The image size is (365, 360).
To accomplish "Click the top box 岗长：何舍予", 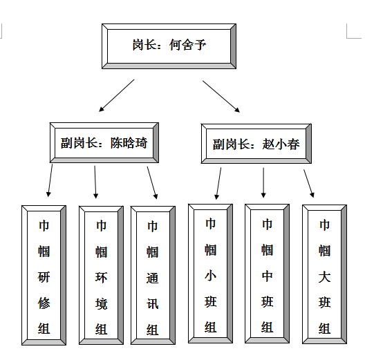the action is pos(169,46).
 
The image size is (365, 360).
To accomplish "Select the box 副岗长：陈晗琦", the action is pos(104,142).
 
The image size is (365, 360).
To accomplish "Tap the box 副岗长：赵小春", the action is pos(256,144).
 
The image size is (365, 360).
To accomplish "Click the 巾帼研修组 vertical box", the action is pos(44,275).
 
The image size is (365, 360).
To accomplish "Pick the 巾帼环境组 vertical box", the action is pos(101,275).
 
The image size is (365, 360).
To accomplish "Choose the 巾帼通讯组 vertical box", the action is pos(153,275).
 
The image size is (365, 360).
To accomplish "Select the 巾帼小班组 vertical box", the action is pos(210,274).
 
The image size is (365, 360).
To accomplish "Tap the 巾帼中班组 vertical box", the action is pos(268,274).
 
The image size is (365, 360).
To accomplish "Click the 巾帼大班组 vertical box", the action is pos(324,274).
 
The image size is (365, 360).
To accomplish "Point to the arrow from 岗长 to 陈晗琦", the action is pos(117,95).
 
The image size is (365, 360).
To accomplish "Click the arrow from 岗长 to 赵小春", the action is pos(221,97).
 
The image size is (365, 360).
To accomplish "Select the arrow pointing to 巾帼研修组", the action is pos(50,180).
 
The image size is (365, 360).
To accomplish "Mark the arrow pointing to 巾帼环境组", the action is pos(95,182).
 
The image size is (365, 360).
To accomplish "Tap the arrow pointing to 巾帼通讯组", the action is pos(153,182).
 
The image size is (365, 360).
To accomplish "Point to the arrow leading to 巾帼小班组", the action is pos(218,184).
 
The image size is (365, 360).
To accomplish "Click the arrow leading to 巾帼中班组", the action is pos(263,182).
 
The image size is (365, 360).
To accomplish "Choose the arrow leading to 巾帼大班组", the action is pos(309,184).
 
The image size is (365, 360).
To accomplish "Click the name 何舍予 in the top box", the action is pos(188,45).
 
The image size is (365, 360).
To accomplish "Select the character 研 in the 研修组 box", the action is pos(44,277).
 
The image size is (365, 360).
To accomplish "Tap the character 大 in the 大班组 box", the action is pos(324,276).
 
